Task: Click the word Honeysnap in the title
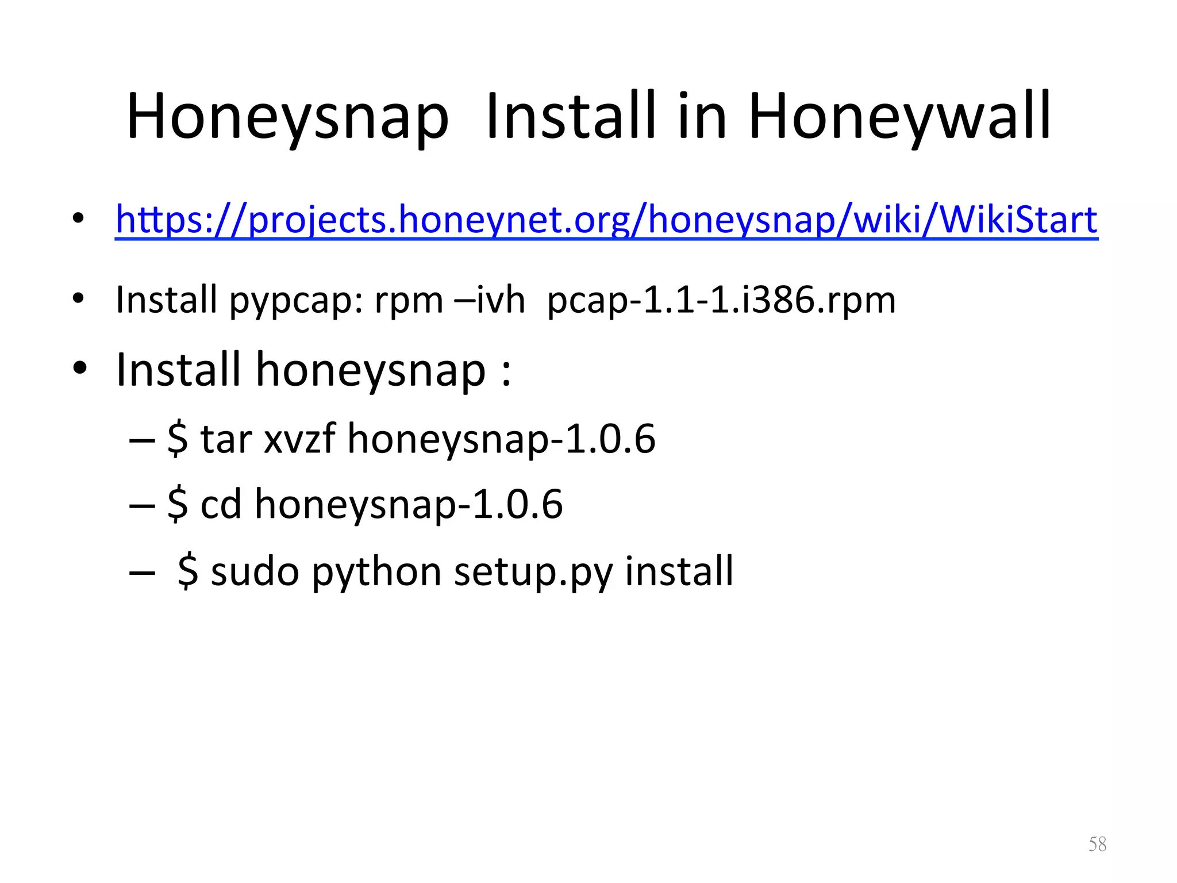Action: click(x=287, y=117)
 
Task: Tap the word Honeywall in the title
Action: click(x=899, y=117)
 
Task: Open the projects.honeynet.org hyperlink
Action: click(x=606, y=220)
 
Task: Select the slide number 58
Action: click(x=1097, y=844)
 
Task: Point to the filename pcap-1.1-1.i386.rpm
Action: click(x=721, y=300)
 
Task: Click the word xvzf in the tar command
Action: click(x=299, y=439)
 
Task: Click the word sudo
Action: click(x=255, y=571)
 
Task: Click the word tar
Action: click(x=226, y=439)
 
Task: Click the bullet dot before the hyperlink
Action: click(x=79, y=218)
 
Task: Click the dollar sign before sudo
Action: click(x=188, y=571)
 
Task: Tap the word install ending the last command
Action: click(x=679, y=571)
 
